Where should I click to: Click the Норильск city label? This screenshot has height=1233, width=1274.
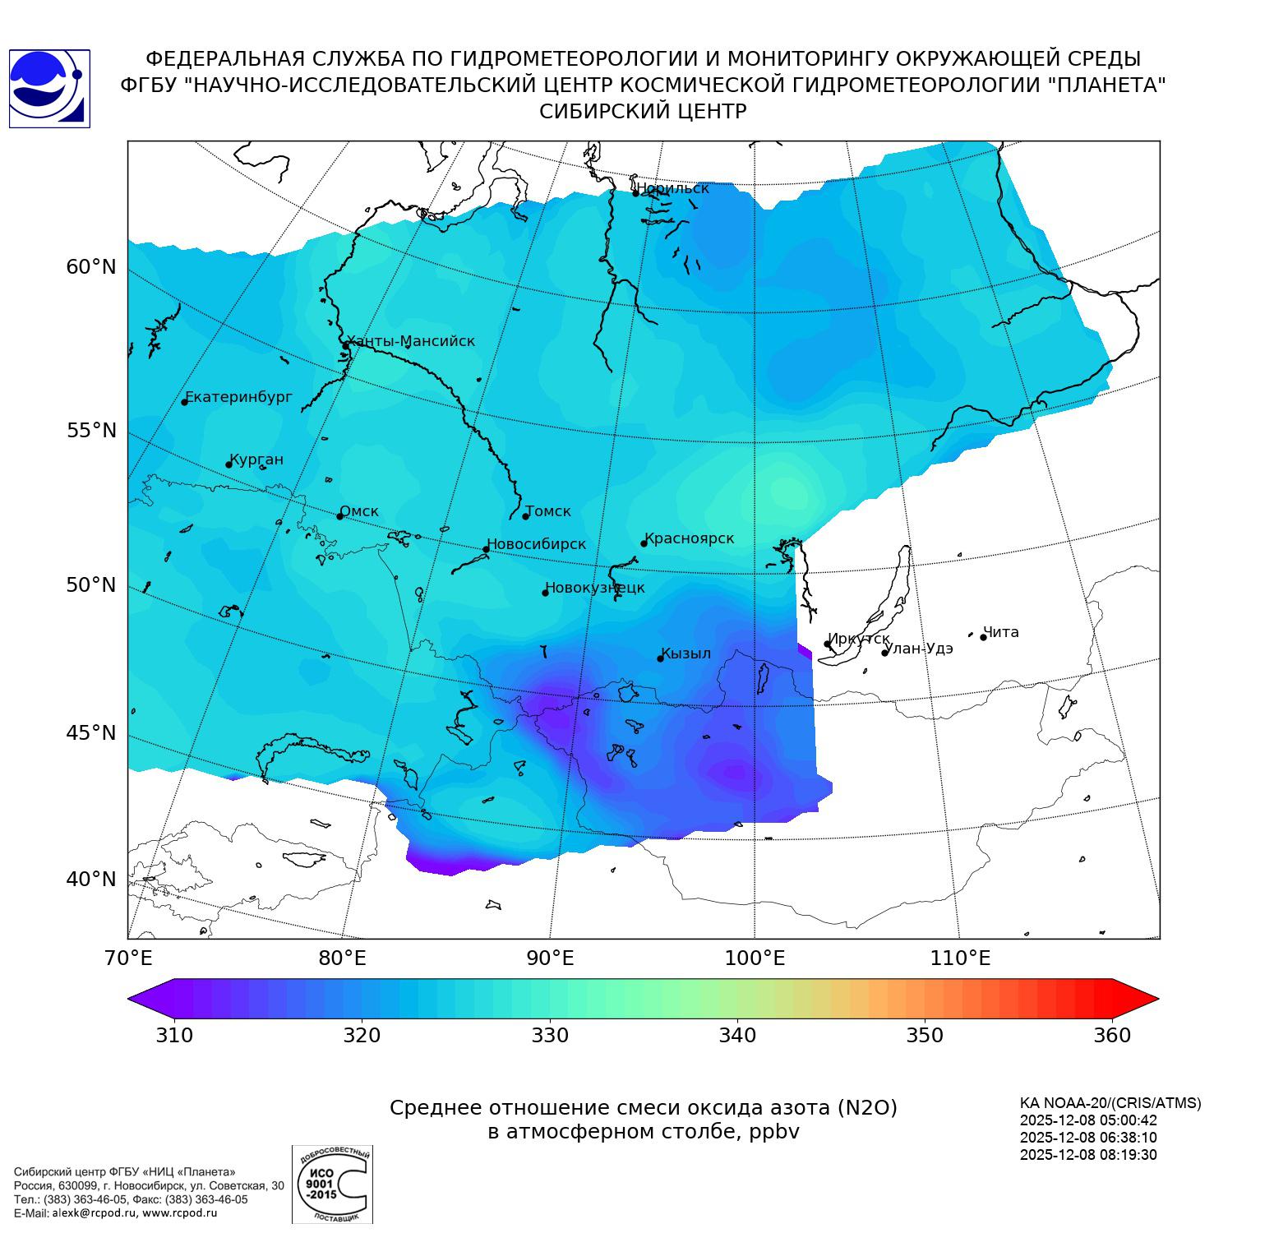[673, 188]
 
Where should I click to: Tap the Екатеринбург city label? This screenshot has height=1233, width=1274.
[239, 397]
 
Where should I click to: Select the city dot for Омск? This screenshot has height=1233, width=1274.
[339, 516]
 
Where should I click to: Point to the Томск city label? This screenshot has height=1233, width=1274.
[548, 511]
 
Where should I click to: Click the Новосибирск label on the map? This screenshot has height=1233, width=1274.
[537, 544]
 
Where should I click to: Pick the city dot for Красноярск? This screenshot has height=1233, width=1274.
[644, 543]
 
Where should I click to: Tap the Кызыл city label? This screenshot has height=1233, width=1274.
[686, 653]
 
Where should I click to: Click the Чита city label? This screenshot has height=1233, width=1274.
[1001, 632]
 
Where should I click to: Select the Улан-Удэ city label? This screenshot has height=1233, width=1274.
[919, 649]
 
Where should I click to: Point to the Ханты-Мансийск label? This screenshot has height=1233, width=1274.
[411, 341]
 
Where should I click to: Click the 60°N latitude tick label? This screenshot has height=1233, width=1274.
[91, 267]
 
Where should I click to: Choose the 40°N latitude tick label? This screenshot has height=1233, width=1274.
[91, 880]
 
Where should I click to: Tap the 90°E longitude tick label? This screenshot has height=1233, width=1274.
[550, 958]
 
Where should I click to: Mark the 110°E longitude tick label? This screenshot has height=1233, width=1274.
[960, 958]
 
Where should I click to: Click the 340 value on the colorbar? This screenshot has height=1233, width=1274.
[737, 1036]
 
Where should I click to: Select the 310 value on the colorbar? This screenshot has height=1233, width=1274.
[174, 1036]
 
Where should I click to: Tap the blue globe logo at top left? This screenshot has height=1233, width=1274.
[49, 89]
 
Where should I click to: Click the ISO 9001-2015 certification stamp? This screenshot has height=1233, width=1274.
[332, 1184]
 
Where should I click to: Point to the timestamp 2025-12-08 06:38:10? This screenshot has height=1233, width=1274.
[1088, 1138]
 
